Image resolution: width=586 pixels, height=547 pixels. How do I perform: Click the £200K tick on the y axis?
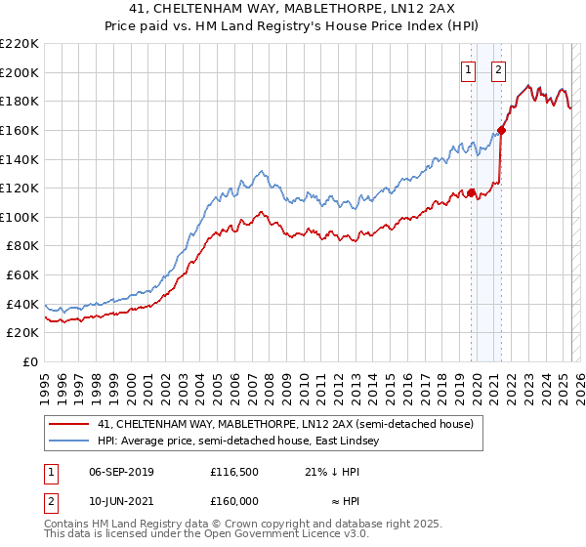[20, 72]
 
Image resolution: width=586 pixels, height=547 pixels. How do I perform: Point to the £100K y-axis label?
[20, 217]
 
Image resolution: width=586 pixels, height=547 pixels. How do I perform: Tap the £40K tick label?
[22, 304]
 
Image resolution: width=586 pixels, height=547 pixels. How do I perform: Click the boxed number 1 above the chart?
[469, 69]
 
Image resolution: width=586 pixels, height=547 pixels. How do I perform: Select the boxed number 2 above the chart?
[498, 69]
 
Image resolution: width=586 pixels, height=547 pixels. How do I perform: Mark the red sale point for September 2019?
[471, 192]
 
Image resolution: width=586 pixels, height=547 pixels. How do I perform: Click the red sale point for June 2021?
[501, 130]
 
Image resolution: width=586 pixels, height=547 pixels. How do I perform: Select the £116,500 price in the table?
[234, 471]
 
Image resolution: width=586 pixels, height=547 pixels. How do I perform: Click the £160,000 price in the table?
[234, 500]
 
